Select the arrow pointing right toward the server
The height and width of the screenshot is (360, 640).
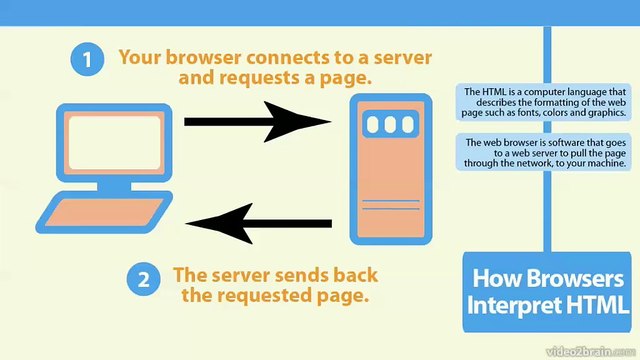(x=257, y=122)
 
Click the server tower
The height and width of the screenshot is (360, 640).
(x=391, y=170)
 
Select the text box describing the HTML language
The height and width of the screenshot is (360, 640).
(x=545, y=103)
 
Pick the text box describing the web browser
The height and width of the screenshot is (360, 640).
(x=545, y=153)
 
